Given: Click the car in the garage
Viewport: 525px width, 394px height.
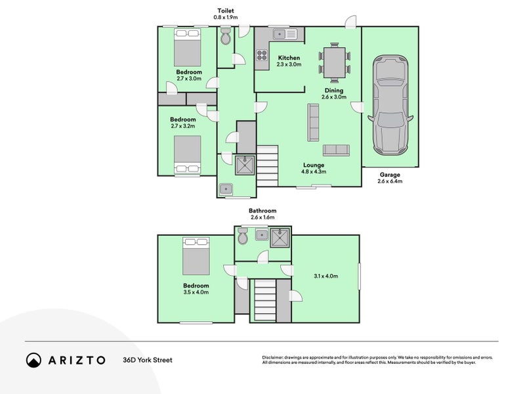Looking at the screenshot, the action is tap(390, 105).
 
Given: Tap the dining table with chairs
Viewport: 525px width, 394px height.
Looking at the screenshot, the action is tap(334, 62).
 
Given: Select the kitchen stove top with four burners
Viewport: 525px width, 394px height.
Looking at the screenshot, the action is tap(262, 55).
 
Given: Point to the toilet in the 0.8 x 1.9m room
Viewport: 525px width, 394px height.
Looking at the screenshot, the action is tap(226, 37).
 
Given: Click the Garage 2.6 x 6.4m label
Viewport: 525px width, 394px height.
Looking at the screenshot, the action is tap(390, 178).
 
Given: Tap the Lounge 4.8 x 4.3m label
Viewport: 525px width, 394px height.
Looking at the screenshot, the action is tap(314, 168).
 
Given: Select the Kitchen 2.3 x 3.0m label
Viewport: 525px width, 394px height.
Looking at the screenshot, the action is tap(289, 61).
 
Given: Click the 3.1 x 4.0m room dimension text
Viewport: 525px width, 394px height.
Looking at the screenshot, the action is tap(325, 276).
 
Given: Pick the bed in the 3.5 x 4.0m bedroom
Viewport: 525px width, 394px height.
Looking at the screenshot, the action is tap(196, 256).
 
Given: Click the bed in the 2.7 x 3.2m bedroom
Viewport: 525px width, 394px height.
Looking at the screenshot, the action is tap(188, 155).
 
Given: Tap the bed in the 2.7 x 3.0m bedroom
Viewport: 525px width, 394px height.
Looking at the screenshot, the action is tap(187, 47).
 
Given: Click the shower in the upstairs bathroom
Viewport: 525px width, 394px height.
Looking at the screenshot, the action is tap(280, 238).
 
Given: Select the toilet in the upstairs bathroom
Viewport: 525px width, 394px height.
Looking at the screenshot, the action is tap(242, 236).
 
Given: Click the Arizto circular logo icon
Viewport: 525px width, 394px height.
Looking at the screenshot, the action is tap(34, 360).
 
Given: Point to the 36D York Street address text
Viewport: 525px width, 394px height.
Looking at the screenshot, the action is tap(148, 360).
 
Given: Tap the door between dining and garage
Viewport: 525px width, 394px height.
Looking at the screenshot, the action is tap(358, 107).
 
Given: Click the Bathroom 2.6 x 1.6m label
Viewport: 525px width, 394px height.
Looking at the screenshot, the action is tap(262, 214).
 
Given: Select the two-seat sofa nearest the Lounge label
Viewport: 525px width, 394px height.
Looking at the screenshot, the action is tap(336, 150).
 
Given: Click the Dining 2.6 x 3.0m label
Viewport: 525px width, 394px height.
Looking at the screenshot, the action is tap(334, 93).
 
